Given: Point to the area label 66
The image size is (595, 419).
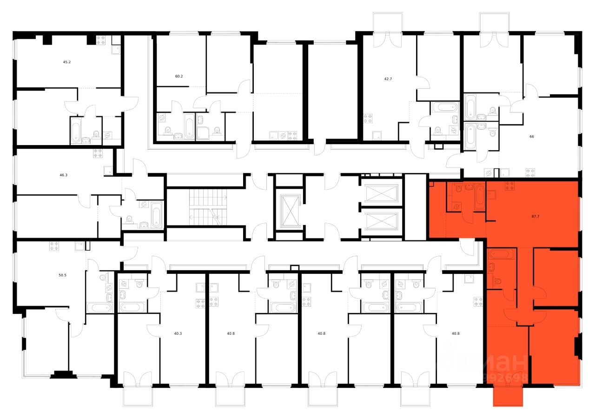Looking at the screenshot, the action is (x=531, y=137).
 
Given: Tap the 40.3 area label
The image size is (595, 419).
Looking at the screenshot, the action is (x=178, y=333).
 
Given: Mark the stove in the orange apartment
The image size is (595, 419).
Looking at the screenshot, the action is (x=509, y=186).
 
